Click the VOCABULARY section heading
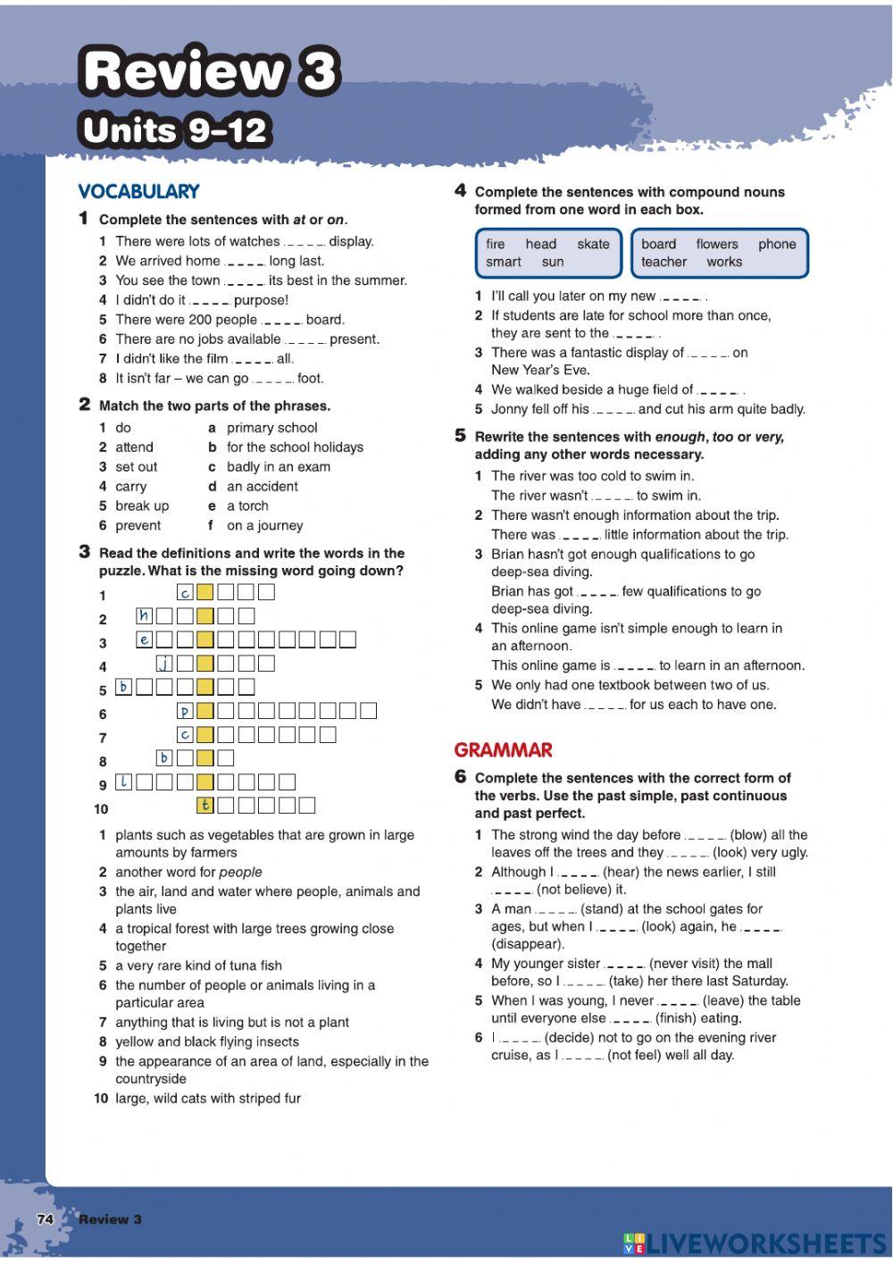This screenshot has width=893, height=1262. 138,191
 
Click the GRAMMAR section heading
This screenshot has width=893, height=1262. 503,750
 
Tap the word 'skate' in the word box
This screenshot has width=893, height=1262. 593,244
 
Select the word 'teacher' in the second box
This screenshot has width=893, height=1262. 663,262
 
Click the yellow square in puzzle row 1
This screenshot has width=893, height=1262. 205,591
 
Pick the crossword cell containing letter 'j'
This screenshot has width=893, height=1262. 165,663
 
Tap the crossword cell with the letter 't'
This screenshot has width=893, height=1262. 205,805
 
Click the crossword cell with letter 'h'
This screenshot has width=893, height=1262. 145,615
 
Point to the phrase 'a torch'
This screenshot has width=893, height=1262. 247,506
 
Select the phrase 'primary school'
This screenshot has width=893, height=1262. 271,428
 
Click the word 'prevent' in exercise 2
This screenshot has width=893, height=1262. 138,525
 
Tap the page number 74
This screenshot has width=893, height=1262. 46,1219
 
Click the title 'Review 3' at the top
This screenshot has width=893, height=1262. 211,71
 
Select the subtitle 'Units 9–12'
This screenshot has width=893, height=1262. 175,130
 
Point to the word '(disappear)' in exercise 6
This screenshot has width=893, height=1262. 528,944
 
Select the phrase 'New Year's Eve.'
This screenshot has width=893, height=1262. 540,370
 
